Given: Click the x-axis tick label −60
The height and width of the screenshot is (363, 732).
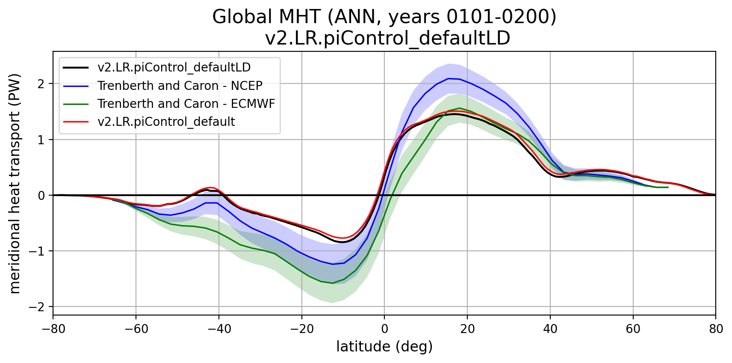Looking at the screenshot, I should click(136, 329).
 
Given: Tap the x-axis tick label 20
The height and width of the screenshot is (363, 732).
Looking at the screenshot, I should click(467, 329).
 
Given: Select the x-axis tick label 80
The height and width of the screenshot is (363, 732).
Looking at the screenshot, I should click(716, 329).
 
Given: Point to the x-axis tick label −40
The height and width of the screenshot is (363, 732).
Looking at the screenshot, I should click(218, 329).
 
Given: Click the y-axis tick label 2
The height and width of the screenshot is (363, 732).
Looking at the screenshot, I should click(41, 84).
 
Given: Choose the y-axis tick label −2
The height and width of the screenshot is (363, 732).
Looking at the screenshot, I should click(38, 307).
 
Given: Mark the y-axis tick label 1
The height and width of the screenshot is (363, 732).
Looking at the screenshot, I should click(41, 140).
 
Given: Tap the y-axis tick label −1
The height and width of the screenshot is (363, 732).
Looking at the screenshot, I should click(38, 251).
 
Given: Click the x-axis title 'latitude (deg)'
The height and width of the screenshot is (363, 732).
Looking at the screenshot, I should click(384, 346).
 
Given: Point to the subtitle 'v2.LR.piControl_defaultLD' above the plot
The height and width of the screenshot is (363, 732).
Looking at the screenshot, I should click(387, 38).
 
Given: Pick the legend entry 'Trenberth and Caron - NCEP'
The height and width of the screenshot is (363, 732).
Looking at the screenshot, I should click(180, 86).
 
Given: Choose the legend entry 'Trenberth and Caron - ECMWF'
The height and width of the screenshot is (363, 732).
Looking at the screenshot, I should click(186, 104).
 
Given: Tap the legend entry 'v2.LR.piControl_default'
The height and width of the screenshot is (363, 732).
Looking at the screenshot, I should click(166, 122).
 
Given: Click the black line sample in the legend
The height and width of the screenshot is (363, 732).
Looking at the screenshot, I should click(76, 68).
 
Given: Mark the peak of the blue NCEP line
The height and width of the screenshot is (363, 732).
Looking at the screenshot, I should click(448, 78).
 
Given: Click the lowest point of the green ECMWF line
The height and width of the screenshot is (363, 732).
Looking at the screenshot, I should click(333, 283).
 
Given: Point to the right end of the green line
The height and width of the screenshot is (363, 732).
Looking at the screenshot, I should click(668, 187).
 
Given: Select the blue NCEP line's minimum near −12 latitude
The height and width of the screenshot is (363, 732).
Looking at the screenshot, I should click(333, 264).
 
